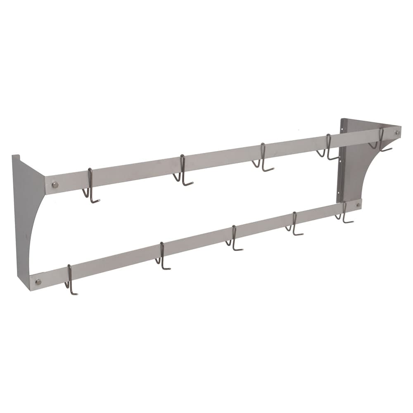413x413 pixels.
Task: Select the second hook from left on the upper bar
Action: (182, 171)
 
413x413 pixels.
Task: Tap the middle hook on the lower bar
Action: (234, 239)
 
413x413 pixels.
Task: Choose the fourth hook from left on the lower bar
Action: (294, 224)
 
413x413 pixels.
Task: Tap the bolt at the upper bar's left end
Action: (55, 185)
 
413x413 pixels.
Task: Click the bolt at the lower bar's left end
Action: (38, 282)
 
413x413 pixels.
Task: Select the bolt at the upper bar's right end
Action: (397, 133)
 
